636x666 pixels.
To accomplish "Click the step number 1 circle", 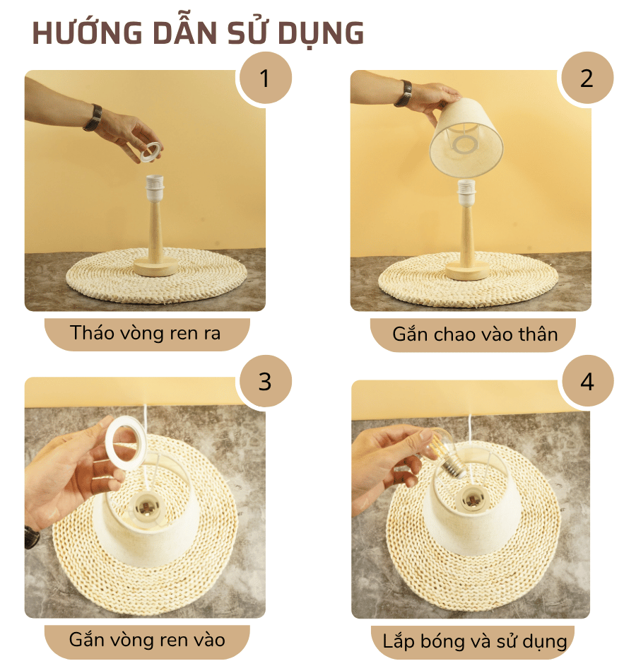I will point(265,78).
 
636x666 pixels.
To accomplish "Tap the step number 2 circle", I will point(587,78).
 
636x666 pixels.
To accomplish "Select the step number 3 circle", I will point(265,382).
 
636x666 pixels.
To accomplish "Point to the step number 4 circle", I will point(587,382).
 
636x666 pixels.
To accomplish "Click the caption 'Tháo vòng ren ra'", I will point(146,333).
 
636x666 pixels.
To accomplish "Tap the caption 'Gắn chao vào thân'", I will point(475,334).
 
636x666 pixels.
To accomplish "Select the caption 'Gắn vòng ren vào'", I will point(147,641).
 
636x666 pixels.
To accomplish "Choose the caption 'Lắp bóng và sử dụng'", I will point(475,642).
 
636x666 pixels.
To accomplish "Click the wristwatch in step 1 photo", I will point(93,117).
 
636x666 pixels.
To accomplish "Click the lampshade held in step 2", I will point(467,139).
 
